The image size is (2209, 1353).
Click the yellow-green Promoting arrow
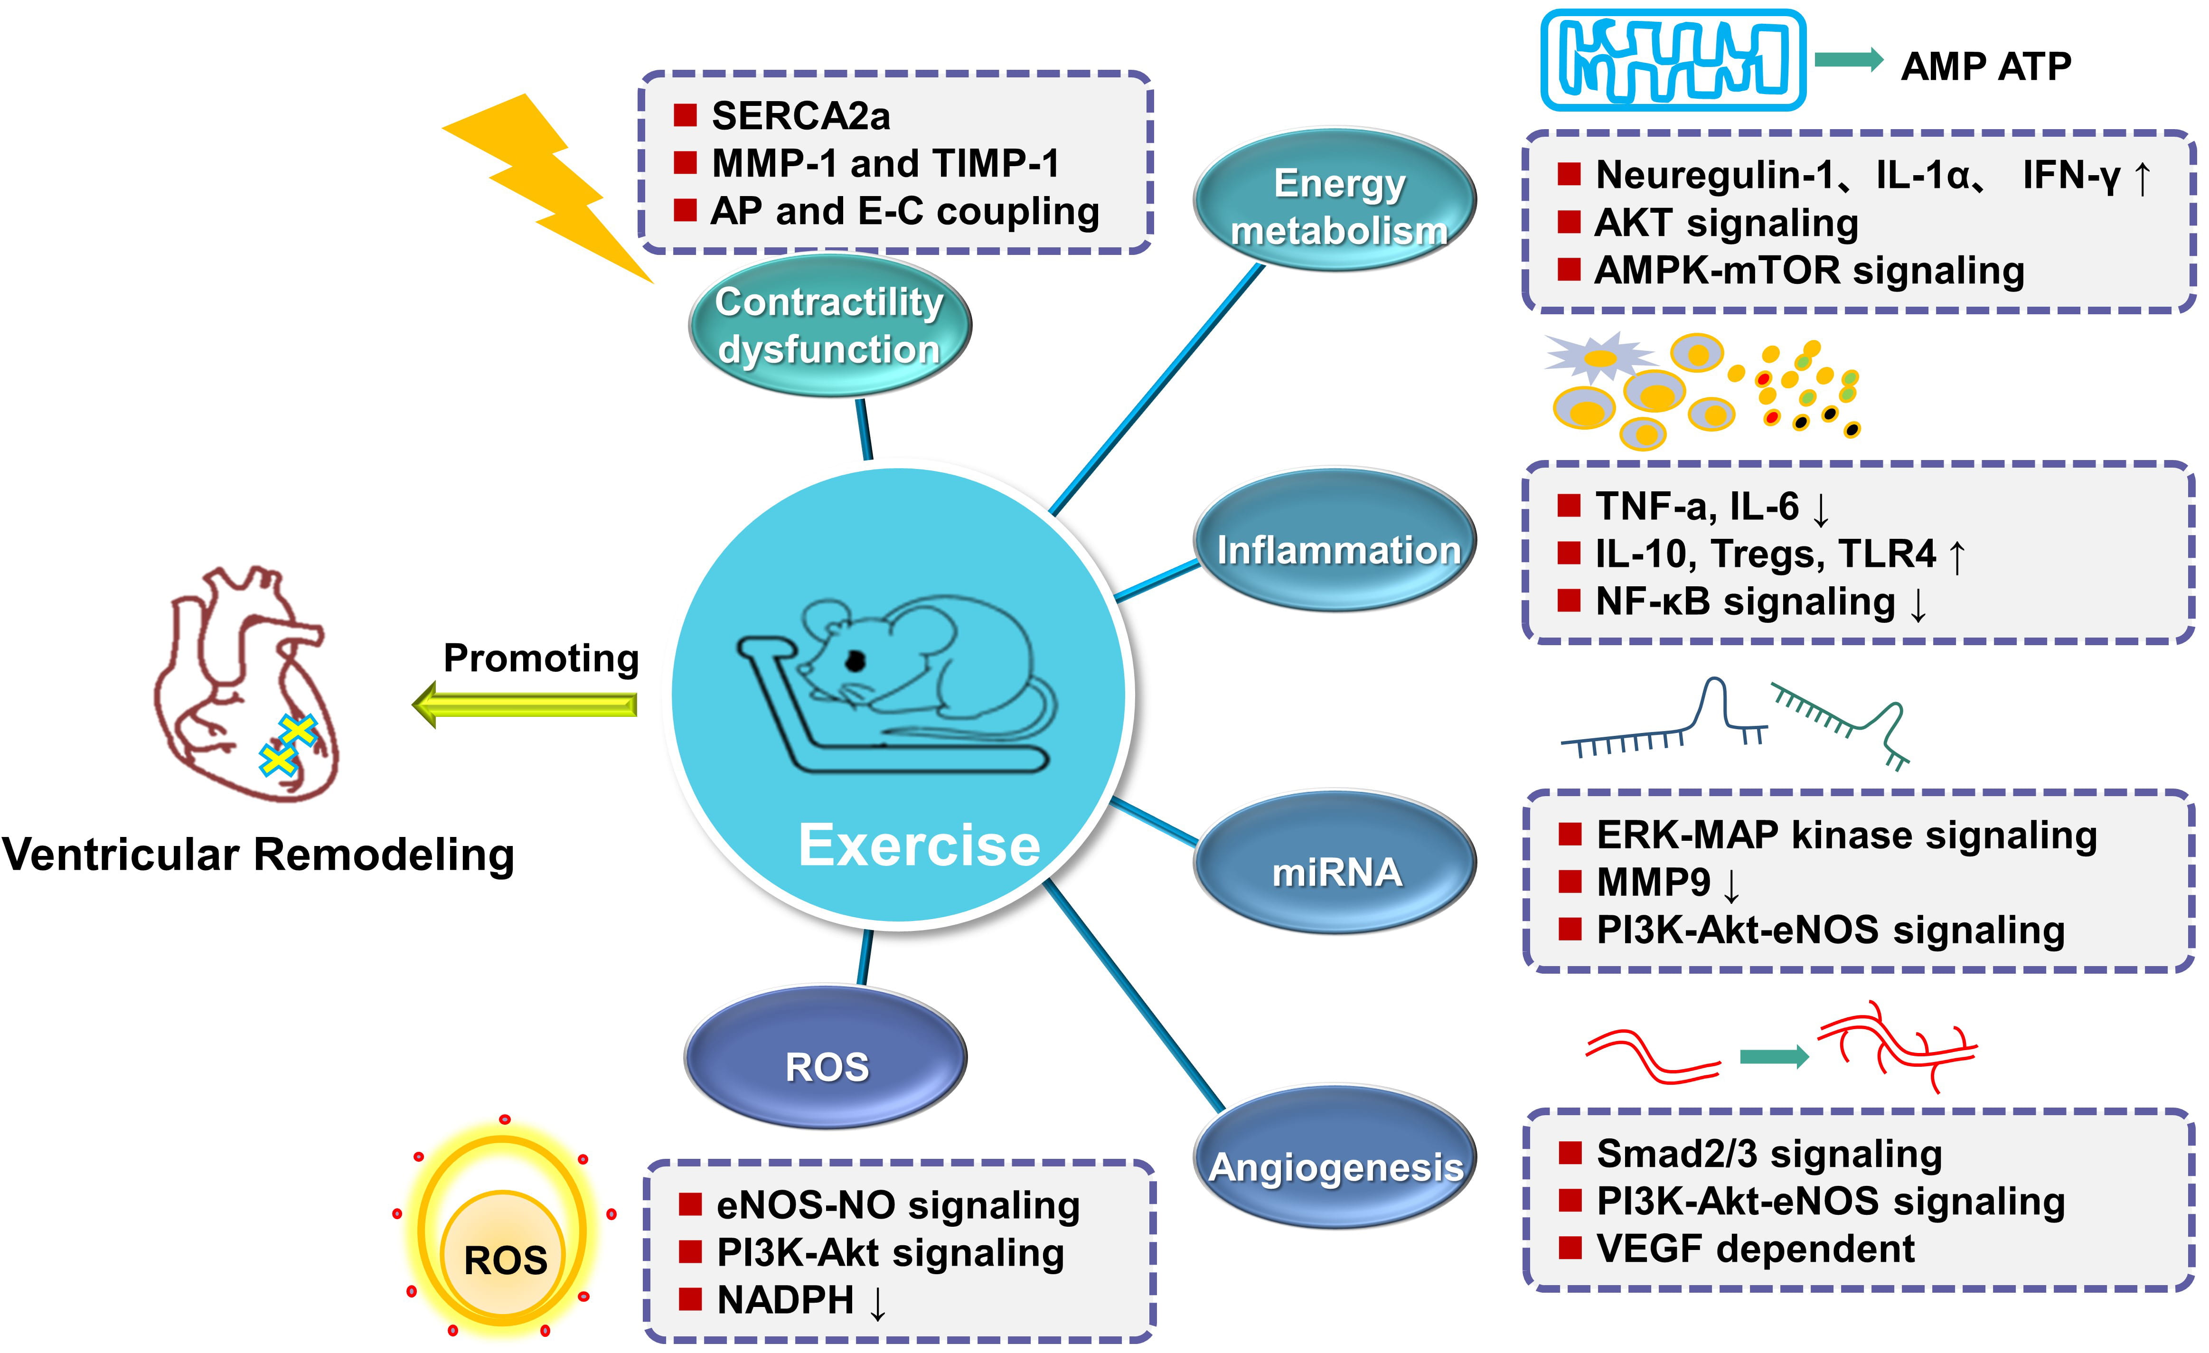click(x=525, y=705)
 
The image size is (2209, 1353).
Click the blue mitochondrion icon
click(x=1672, y=61)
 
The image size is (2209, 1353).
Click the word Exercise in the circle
click(x=919, y=845)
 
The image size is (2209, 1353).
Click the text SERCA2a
click(x=800, y=116)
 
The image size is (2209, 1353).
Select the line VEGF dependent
click(x=1755, y=1248)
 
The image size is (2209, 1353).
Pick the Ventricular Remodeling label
click(x=258, y=855)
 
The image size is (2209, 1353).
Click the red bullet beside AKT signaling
click(x=1569, y=222)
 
